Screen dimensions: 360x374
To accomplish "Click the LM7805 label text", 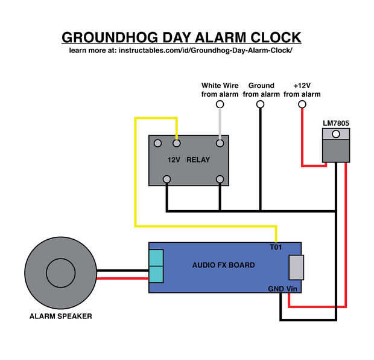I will pos(336,123).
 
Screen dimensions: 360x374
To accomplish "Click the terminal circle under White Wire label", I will pos(220,104).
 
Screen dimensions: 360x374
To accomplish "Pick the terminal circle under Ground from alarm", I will pos(261,104).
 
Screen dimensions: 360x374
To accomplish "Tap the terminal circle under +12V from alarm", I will pos(302,104).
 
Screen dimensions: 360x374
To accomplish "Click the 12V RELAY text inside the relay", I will pos(188,161).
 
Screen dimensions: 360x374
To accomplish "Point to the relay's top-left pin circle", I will pos(157,144).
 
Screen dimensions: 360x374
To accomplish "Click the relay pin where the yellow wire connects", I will pos(177,144).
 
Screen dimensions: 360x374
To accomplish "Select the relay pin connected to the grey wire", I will pos(220,144).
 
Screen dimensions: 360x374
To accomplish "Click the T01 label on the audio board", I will pos(276,248).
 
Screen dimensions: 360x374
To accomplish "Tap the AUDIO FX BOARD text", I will pos(223,265).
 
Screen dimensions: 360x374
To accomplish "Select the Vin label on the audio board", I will pos(292,289).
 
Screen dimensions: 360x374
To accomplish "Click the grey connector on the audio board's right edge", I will pos(296,267).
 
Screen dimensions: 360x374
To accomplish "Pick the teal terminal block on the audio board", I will pos(156,266).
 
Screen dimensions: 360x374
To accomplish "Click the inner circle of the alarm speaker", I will pos(62,274).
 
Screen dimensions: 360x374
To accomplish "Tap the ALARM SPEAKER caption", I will pos(61,316).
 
